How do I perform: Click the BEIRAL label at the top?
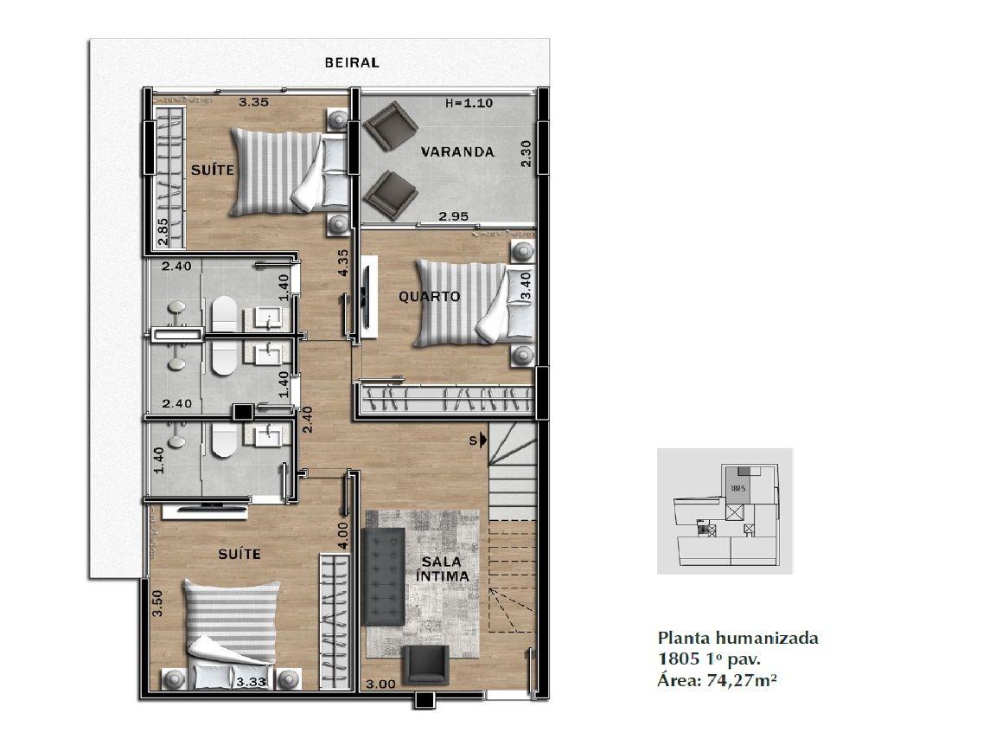tap(352, 62)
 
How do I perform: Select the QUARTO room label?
tap(430, 296)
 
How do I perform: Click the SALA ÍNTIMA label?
tap(442, 569)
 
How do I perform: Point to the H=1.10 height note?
tap(469, 103)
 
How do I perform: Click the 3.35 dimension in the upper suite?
tap(253, 102)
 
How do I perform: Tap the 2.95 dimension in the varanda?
tap(454, 216)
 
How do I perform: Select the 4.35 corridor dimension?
tap(343, 262)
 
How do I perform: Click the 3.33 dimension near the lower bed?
tap(251, 683)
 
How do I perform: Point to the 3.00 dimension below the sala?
tap(381, 684)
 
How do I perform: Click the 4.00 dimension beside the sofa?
tap(343, 536)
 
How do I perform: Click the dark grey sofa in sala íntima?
tap(384, 577)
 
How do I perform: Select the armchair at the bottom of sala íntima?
tap(427, 665)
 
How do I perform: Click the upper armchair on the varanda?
tap(390, 125)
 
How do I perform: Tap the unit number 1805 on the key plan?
tap(737, 489)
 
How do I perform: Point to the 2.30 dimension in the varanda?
tap(526, 154)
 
